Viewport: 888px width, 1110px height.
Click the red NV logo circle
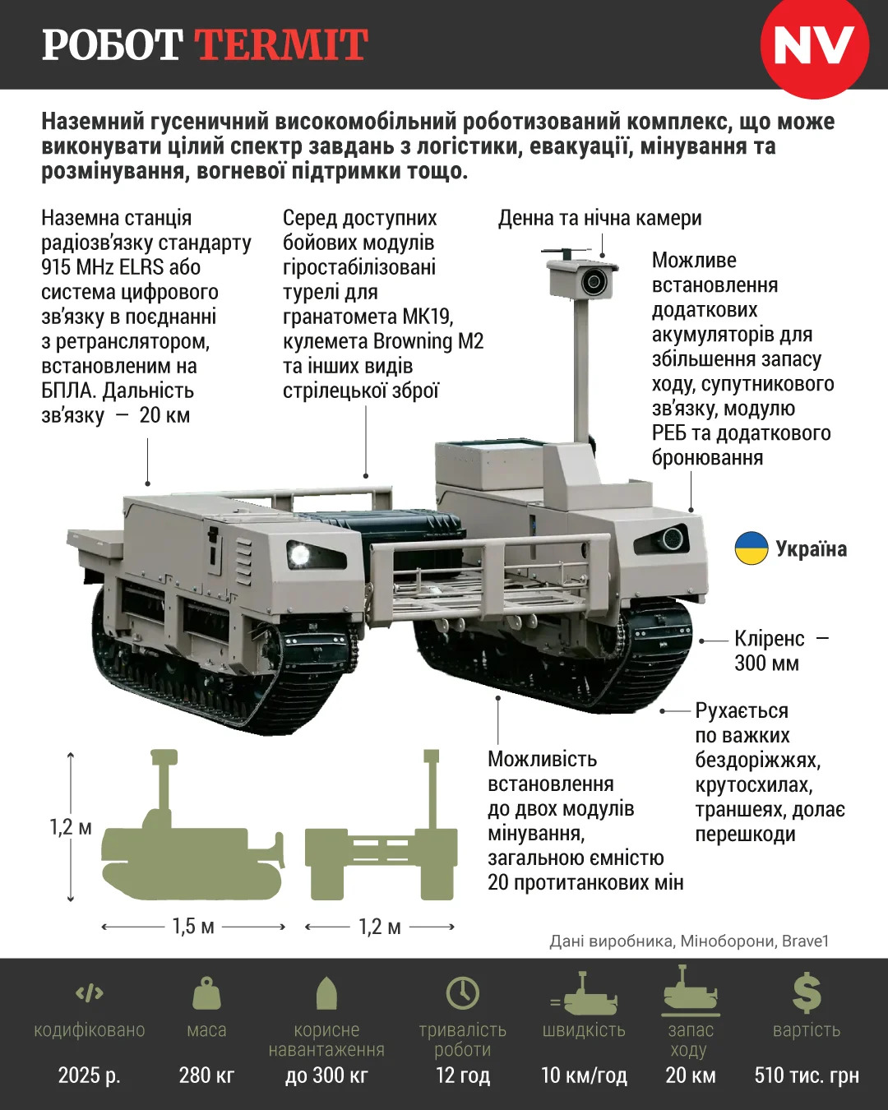pyautogui.click(x=815, y=45)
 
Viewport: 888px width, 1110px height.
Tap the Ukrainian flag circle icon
pyautogui.click(x=752, y=548)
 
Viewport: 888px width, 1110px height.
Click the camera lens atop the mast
pyautogui.click(x=594, y=282)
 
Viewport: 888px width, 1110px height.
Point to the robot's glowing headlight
pyautogui.click(x=298, y=554)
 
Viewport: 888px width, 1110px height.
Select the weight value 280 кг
pyautogui.click(x=206, y=1075)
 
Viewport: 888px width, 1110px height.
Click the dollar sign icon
pyautogui.click(x=807, y=993)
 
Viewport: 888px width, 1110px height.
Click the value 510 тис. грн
pyautogui.click(x=807, y=1075)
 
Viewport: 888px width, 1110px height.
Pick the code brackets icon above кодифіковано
pyautogui.click(x=90, y=992)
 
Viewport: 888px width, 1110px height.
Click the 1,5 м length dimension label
pyautogui.click(x=193, y=927)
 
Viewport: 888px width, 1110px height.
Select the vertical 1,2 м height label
pyautogui.click(x=71, y=827)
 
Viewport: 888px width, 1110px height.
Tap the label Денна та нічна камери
pyautogui.click(x=599, y=218)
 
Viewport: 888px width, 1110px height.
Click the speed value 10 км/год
pyautogui.click(x=584, y=1075)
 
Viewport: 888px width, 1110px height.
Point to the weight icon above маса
pyautogui.click(x=206, y=993)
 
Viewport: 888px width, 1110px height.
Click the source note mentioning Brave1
pyautogui.click(x=689, y=941)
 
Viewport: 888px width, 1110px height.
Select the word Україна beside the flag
pyautogui.click(x=812, y=548)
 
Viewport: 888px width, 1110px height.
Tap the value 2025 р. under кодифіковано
pyautogui.click(x=90, y=1075)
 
